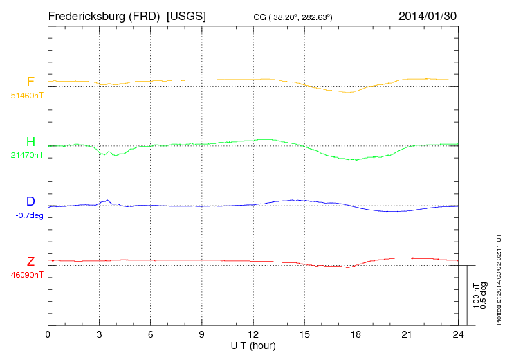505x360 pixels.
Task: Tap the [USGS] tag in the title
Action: tap(187, 15)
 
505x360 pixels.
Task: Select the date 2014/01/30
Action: tap(428, 15)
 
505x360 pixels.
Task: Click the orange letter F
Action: tap(30, 82)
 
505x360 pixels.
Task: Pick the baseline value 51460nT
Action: tap(27, 95)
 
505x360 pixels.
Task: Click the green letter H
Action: tap(30, 142)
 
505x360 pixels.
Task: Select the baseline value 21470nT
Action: tap(27, 155)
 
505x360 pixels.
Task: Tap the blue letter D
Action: tap(30, 201)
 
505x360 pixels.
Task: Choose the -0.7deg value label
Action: tap(28, 215)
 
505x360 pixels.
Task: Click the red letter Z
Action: tap(30, 262)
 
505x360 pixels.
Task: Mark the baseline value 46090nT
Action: tap(27, 275)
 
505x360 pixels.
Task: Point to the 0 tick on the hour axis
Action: tap(48, 334)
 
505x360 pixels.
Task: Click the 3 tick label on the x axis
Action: tap(99, 334)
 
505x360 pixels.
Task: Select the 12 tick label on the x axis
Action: tap(253, 334)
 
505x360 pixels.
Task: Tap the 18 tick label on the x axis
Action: tap(356, 334)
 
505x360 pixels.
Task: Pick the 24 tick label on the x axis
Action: tap(458, 334)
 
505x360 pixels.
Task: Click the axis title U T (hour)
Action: tap(252, 344)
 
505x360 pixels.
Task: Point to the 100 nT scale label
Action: tap(475, 296)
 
